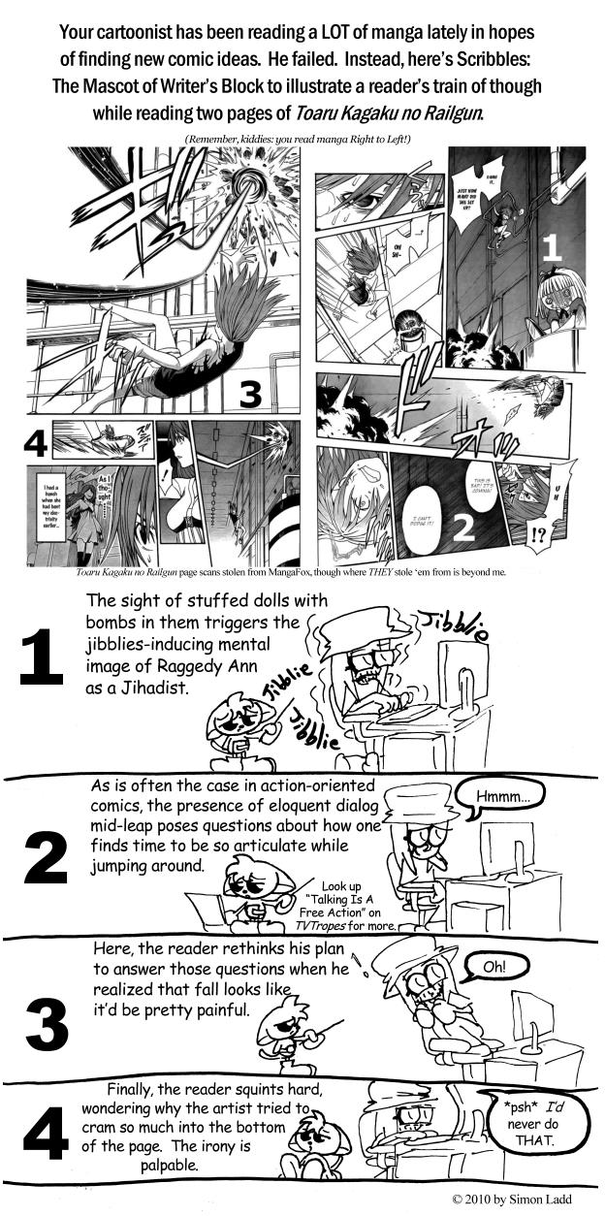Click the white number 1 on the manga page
pos(551,248)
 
